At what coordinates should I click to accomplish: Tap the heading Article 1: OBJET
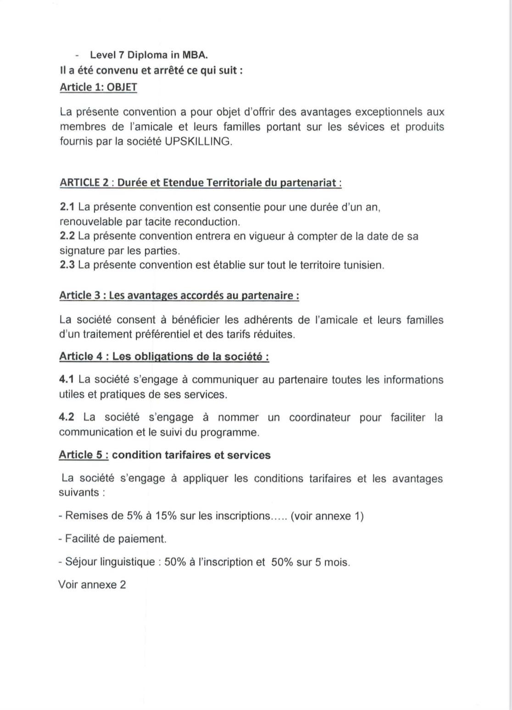(98, 87)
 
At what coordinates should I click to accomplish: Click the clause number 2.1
(67, 207)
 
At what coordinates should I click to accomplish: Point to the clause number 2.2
(67, 236)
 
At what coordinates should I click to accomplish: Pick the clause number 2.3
(67, 265)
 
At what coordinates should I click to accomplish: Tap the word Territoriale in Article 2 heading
(234, 183)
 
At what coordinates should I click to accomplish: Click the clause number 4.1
(67, 380)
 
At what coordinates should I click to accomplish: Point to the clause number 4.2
(67, 417)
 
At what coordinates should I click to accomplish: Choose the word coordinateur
(319, 417)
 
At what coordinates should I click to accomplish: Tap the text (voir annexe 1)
(327, 516)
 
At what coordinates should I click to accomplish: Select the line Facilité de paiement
(113, 539)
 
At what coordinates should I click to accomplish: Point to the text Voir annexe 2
(92, 585)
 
